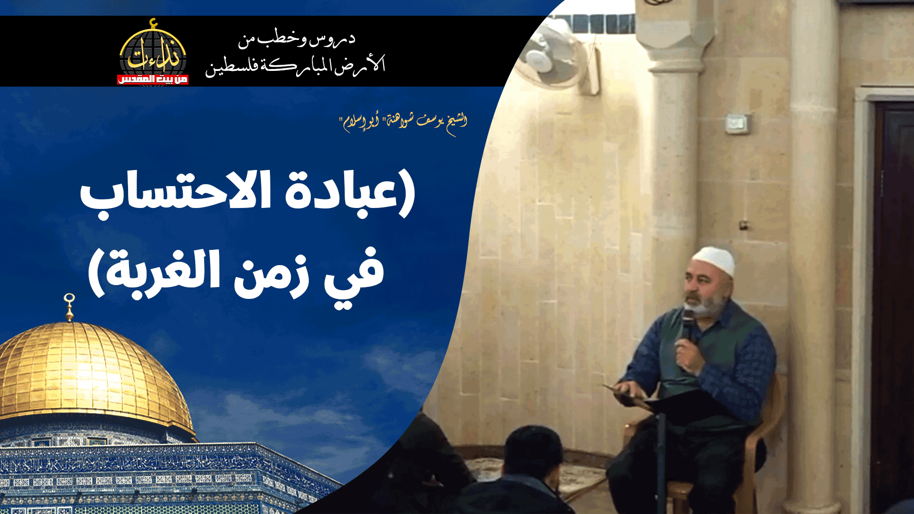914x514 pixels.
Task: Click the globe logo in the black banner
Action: [152, 50]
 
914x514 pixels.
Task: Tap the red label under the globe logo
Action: [152, 79]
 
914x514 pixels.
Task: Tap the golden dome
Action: [86, 371]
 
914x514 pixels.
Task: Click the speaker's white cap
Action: [714, 259]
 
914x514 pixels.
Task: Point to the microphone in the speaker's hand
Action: [688, 324]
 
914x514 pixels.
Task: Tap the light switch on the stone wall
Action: [736, 124]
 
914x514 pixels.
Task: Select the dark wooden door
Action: [892, 305]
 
